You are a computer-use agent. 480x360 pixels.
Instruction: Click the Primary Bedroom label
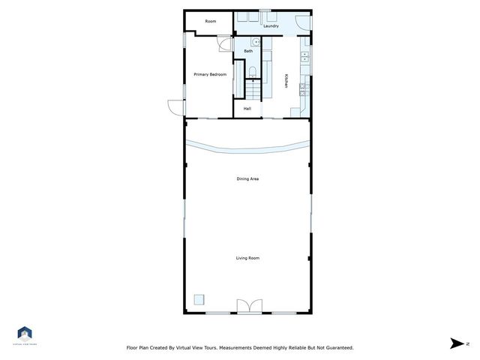(x=210, y=74)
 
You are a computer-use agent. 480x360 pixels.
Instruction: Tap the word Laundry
(x=271, y=26)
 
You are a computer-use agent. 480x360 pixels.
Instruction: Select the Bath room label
(x=248, y=51)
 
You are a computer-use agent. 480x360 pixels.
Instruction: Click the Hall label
(x=247, y=109)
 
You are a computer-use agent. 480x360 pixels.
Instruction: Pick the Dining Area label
(x=247, y=178)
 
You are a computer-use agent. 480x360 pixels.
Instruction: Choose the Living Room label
(x=247, y=258)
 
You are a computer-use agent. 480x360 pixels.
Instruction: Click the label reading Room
(x=211, y=21)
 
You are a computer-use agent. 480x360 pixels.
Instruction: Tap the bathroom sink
(x=255, y=43)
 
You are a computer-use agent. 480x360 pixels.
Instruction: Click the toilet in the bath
(x=253, y=71)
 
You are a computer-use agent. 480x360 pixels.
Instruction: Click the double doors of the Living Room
(x=247, y=305)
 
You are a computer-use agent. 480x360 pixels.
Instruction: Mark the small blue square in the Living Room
(x=199, y=298)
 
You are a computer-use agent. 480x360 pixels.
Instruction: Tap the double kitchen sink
(x=304, y=55)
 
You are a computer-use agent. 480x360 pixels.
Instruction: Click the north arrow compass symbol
(x=455, y=343)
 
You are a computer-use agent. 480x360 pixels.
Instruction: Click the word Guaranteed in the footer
(x=336, y=348)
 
